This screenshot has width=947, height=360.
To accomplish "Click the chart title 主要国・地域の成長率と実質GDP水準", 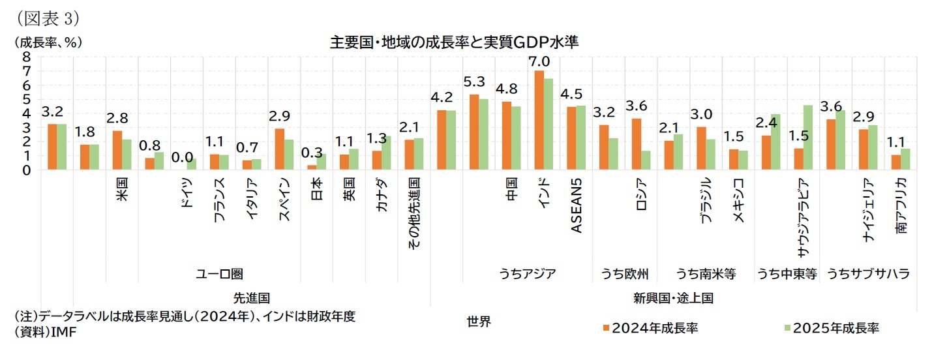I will tap(455, 42).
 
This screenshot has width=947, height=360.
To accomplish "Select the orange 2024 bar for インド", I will tap(539, 121).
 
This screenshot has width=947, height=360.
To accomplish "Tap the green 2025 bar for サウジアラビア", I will tap(808, 138).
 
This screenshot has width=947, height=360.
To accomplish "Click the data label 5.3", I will tap(474, 82).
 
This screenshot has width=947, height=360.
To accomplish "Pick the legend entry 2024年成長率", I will tap(650, 327).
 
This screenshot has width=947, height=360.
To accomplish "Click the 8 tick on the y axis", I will tap(26, 56).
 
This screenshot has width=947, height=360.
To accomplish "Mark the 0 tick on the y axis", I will tap(26, 170).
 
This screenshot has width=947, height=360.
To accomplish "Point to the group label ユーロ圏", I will tap(219, 274).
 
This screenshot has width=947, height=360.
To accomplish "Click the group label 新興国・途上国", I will tap(673, 298).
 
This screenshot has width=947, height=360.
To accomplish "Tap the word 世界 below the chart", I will tap(479, 321).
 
